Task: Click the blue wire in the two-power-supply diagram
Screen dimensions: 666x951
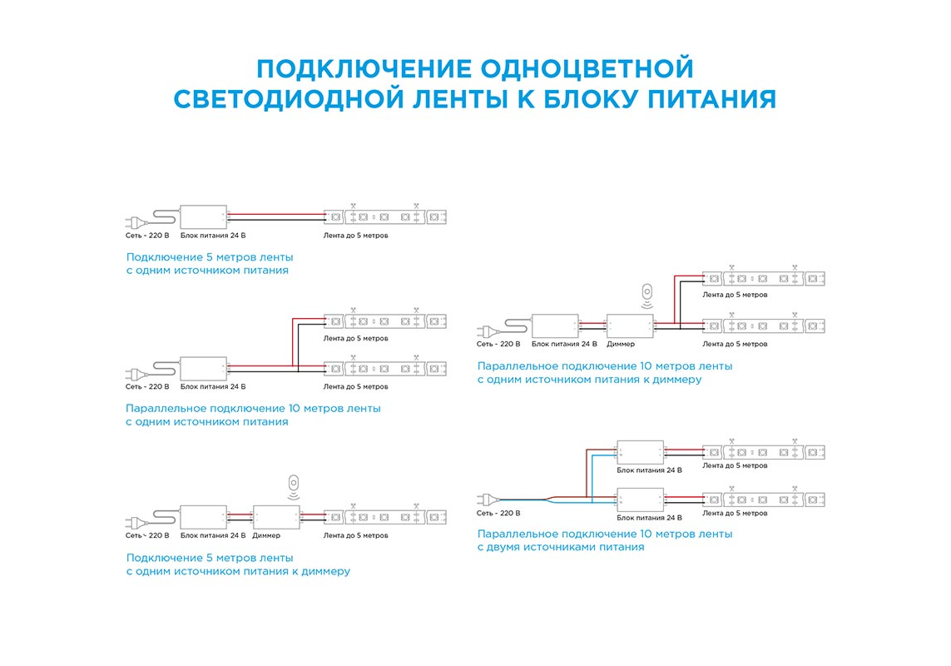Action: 591,479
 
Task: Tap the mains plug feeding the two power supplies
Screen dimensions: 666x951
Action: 485,499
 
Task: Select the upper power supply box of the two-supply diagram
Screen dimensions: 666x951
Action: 640,451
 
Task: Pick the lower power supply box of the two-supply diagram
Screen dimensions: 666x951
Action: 640,499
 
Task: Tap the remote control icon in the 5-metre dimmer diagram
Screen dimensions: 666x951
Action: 292,484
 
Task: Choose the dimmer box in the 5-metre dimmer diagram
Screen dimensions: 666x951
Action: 276,518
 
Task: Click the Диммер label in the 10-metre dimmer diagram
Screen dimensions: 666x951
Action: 621,344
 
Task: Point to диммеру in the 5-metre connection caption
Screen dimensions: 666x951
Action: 319,571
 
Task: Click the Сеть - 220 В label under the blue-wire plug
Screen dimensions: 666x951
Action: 498,513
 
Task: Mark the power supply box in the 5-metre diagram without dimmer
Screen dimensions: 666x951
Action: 204,217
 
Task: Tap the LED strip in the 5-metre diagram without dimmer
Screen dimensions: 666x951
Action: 385,216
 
